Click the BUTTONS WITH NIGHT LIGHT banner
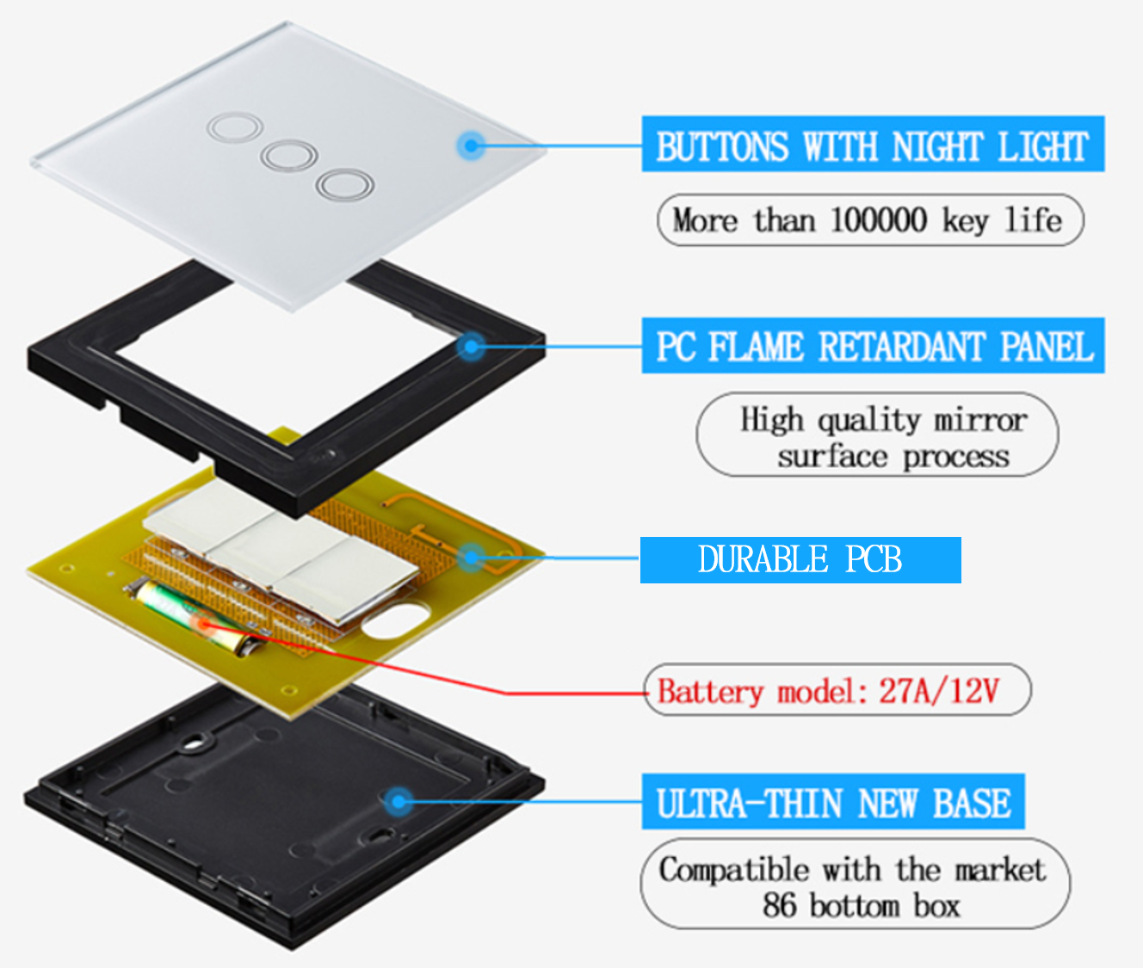coord(873,145)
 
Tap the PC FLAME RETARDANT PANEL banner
coord(873,346)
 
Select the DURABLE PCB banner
coord(800,560)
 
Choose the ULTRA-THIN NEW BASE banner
coord(832,802)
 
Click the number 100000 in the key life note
coord(879,220)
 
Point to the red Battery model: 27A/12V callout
coord(837,690)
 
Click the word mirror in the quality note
coord(980,420)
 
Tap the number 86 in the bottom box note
coord(779,905)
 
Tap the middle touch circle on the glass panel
coord(289,156)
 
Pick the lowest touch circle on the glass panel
coord(344,184)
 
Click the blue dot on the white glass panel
coord(470,145)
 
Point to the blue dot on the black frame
coord(470,347)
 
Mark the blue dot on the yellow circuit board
coord(470,558)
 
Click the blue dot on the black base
coord(397,802)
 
